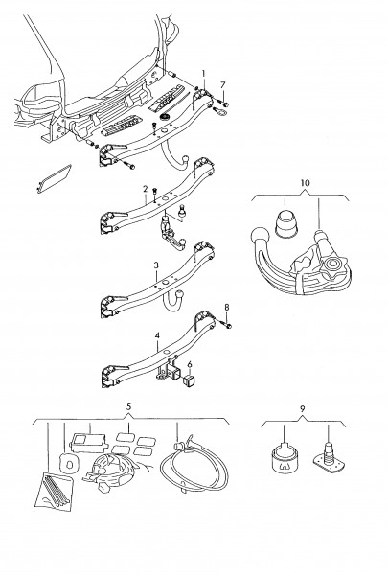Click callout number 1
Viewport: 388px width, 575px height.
(x=203, y=73)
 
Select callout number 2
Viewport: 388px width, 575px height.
(x=146, y=189)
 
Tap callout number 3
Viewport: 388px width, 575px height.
(x=156, y=265)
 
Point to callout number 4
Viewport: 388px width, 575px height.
(x=157, y=335)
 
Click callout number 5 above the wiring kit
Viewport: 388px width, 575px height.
(x=128, y=406)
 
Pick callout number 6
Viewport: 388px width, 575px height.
(x=190, y=364)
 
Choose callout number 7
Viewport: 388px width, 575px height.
(x=222, y=84)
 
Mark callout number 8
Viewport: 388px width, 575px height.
(x=227, y=308)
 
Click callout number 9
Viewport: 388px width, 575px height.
(x=302, y=408)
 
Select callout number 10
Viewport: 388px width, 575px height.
(x=305, y=183)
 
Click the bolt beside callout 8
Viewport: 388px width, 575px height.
(x=227, y=325)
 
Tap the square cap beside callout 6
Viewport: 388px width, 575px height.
(x=189, y=380)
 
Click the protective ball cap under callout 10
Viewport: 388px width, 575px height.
(x=286, y=223)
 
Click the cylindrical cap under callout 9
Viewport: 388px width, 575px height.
(x=285, y=458)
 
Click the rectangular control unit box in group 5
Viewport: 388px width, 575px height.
(x=87, y=442)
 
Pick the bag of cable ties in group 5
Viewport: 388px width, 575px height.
(x=54, y=492)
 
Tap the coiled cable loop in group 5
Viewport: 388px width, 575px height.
(x=194, y=466)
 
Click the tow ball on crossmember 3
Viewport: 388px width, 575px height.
(x=181, y=294)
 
